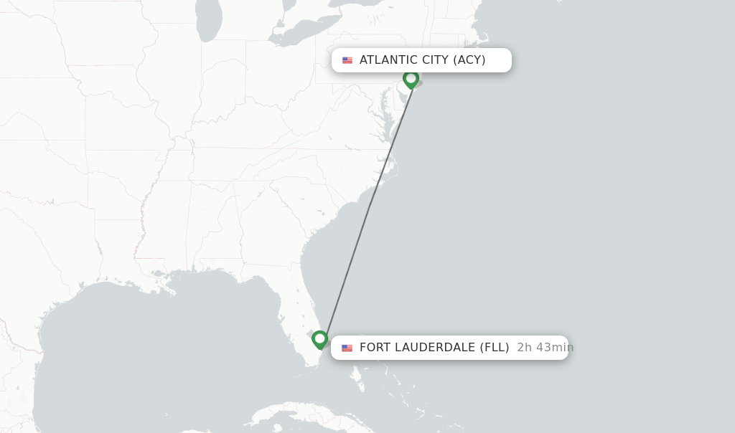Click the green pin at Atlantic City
(x=411, y=78)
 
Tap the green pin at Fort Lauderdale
(x=320, y=338)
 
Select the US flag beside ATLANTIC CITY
(x=347, y=60)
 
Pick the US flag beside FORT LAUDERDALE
(x=347, y=348)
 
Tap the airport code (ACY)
(x=469, y=60)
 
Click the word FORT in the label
(x=374, y=348)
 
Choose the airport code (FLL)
(x=495, y=348)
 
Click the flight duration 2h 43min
(x=545, y=348)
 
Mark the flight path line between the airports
(x=366, y=208)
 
